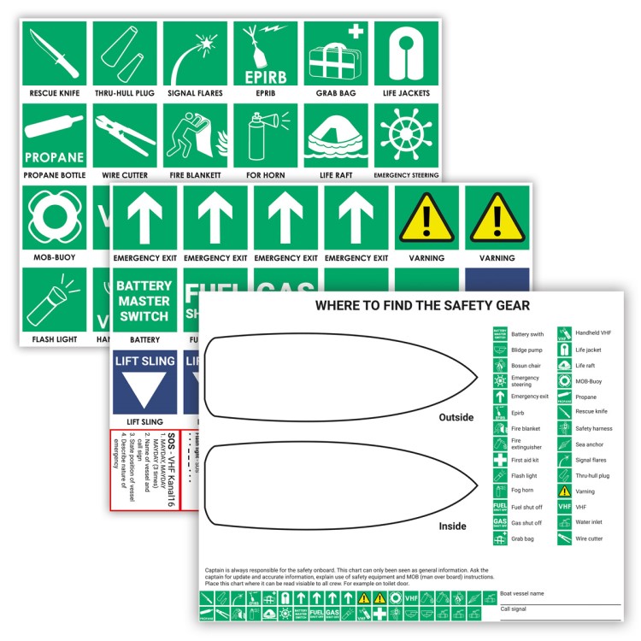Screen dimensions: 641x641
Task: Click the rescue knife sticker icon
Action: tap(54, 53)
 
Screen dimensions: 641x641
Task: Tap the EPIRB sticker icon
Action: tap(265, 53)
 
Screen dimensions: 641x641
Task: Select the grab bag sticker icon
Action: tap(336, 53)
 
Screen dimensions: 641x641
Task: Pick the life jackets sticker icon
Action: tap(406, 53)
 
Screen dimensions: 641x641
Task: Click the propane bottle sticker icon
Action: tap(54, 136)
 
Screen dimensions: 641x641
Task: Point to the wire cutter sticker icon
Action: tap(125, 136)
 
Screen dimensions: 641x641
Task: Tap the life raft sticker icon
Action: tap(336, 136)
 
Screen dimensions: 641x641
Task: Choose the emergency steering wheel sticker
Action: tap(406, 136)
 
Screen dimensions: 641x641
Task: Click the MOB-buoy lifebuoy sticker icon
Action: tap(54, 216)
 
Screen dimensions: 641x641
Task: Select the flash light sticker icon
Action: tap(54, 299)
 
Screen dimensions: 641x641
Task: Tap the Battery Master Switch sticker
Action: tap(144, 300)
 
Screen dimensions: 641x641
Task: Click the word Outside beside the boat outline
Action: tap(456, 418)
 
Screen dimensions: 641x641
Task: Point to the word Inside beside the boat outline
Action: tap(453, 526)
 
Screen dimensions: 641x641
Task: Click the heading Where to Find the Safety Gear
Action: tap(422, 305)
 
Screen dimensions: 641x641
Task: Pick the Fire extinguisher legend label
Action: tap(526, 444)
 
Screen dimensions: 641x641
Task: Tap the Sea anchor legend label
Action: tap(590, 444)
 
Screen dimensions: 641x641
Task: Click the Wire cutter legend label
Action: tap(591, 538)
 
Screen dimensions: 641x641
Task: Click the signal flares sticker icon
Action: tap(195, 53)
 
